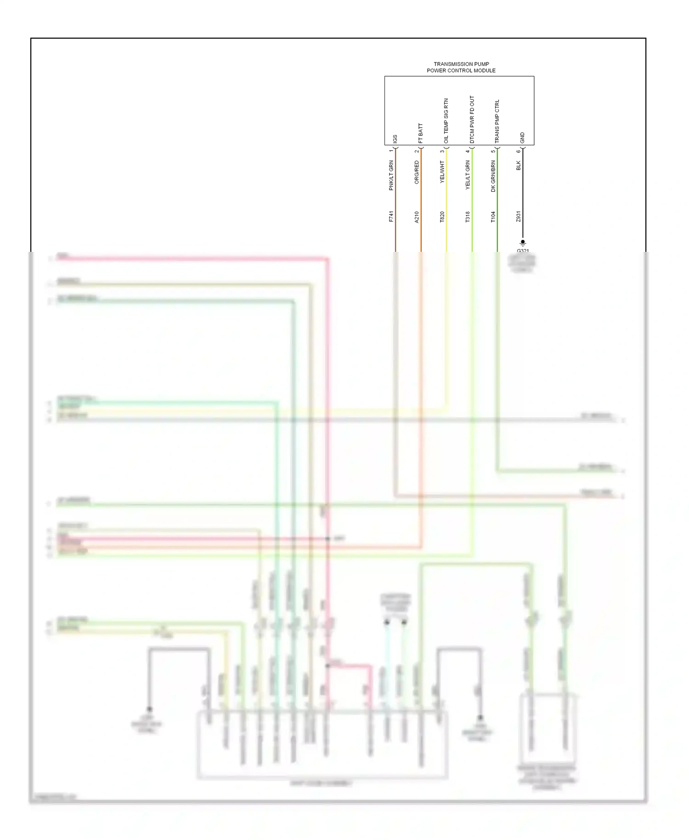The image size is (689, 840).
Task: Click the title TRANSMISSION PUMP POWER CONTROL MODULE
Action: (461, 68)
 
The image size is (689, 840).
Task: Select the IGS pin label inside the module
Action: (395, 139)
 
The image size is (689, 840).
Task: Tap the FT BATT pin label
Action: (420, 133)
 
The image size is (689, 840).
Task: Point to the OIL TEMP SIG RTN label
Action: (446, 120)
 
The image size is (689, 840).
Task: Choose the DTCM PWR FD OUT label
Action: (472, 119)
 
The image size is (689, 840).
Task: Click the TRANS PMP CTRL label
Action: (497, 121)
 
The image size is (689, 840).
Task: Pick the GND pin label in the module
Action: (522, 138)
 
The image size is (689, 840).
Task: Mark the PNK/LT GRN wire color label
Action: (391, 175)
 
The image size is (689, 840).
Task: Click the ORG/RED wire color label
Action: (417, 172)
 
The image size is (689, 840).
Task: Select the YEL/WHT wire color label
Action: (442, 172)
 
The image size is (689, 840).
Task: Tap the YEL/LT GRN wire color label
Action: (468, 175)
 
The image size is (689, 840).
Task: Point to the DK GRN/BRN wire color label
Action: (493, 176)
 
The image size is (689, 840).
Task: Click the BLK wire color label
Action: (519, 165)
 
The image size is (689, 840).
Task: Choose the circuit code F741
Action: (391, 217)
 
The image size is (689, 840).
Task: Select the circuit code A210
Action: (417, 217)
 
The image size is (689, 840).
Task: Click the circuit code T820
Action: (442, 217)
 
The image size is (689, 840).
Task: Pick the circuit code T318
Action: (468, 217)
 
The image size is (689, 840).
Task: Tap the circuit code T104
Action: (493, 217)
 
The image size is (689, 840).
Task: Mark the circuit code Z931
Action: (519, 217)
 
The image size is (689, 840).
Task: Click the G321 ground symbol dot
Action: (523, 242)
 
